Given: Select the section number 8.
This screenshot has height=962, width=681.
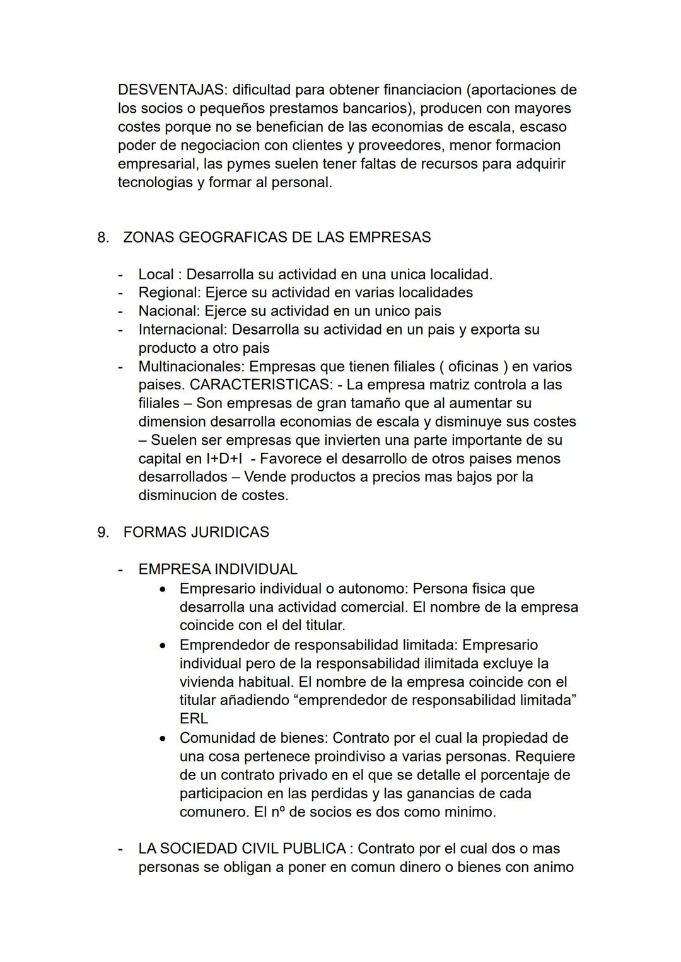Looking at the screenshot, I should coord(103,238).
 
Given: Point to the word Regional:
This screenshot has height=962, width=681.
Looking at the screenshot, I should coord(170,293).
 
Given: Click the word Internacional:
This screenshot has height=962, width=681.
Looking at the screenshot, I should coord(183,329).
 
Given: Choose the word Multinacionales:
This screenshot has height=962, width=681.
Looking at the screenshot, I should coord(192,367).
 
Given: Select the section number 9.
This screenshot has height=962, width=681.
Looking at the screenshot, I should coord(103,532).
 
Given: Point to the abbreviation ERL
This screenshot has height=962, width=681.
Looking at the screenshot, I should coord(194,719).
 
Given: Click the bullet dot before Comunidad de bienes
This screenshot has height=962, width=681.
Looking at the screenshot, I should coord(163,738).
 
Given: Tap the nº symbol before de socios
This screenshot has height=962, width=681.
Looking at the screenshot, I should coord(277,812).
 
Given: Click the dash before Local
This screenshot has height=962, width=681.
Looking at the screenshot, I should coord(120,275).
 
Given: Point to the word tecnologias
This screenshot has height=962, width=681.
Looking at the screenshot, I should coord(154,183).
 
